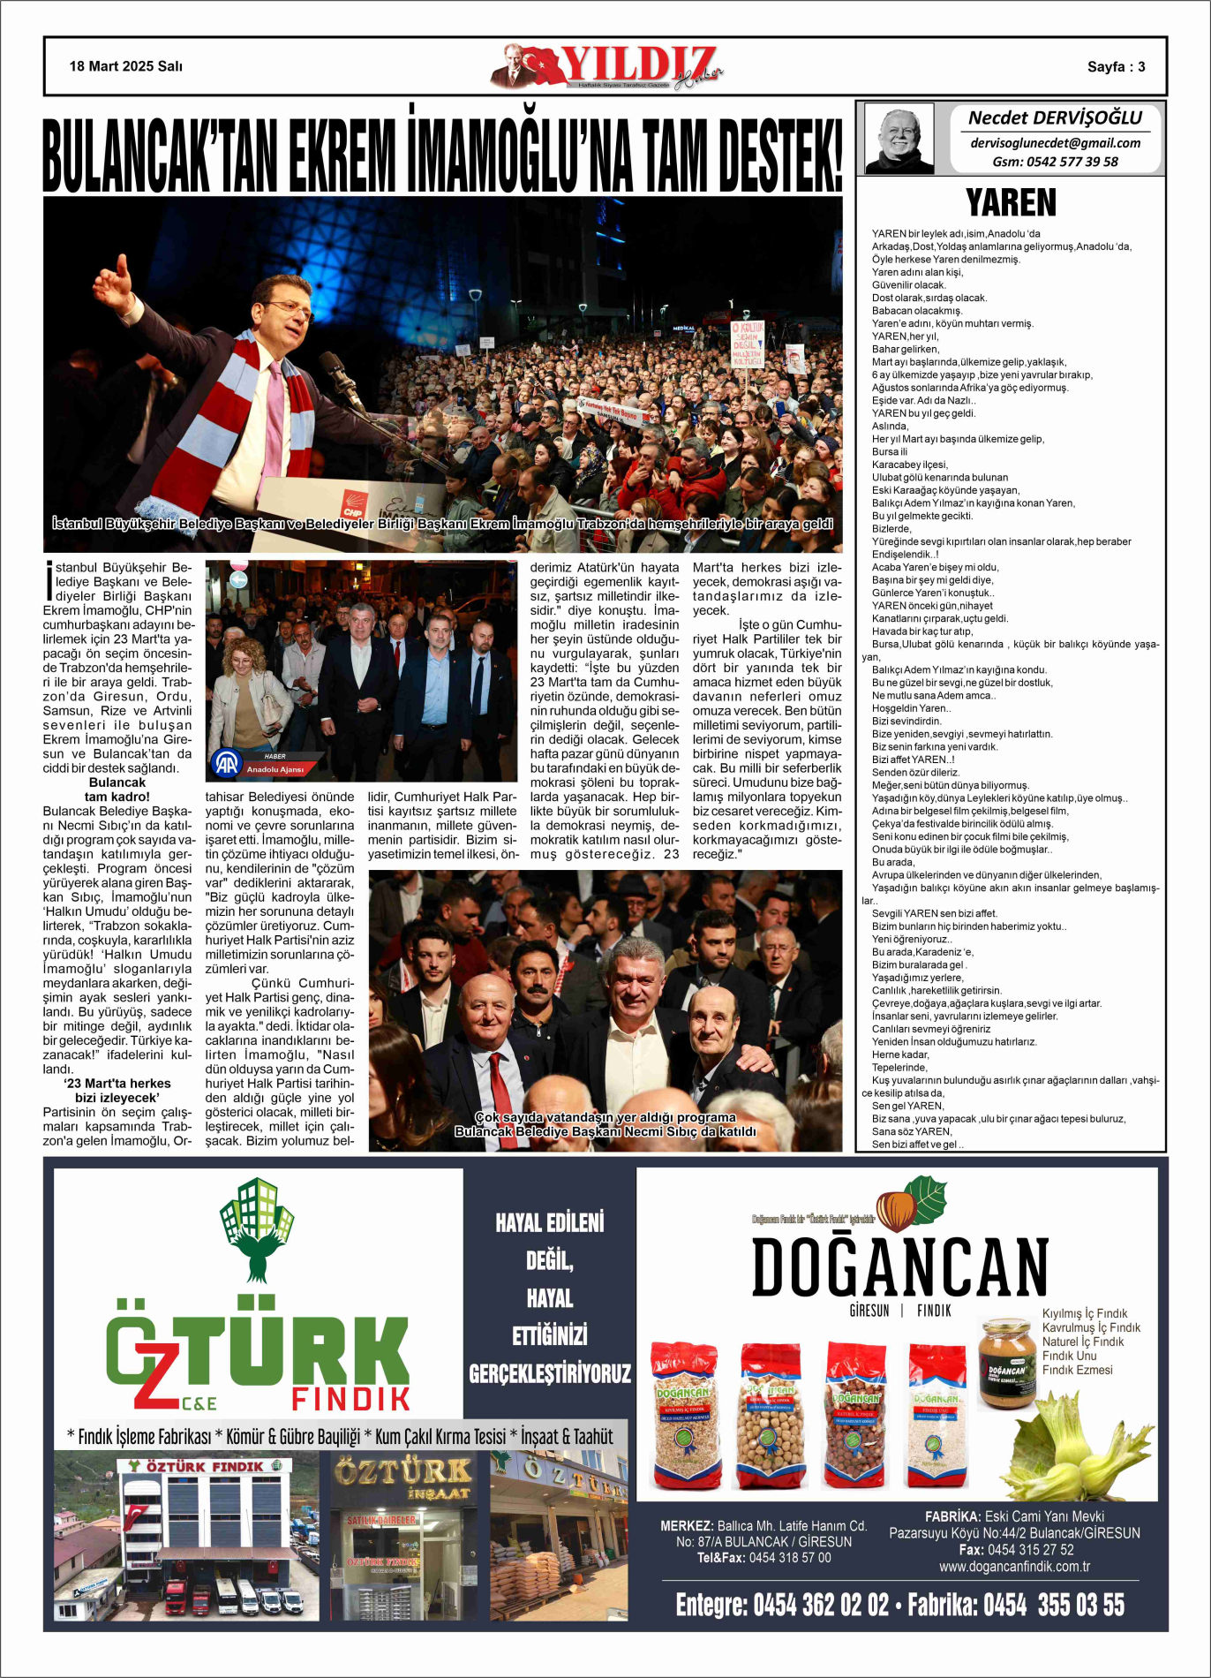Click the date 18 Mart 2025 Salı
pyautogui.click(x=126, y=66)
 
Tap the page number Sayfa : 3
pyautogui.click(x=1116, y=67)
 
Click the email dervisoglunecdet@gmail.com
pyautogui.click(x=1055, y=143)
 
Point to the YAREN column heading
pyautogui.click(x=1011, y=202)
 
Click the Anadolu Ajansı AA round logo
pyautogui.click(x=226, y=762)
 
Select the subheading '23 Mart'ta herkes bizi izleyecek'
pyautogui.click(x=117, y=1090)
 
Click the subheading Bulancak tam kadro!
pyautogui.click(x=117, y=790)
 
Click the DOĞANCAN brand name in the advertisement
pyautogui.click(x=899, y=1267)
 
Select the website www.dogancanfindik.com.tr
pyautogui.click(x=1014, y=1567)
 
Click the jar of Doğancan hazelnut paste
pyautogui.click(x=1006, y=1362)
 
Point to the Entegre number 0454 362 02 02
pyautogui.click(x=821, y=1605)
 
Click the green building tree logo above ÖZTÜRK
pyautogui.click(x=257, y=1228)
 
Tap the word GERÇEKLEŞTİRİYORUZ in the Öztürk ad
pyautogui.click(x=550, y=1373)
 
